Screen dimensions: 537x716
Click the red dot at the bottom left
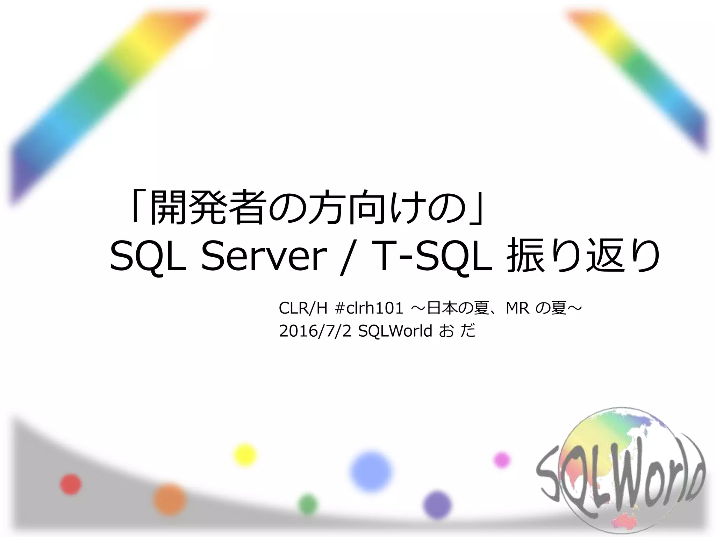(x=71, y=485)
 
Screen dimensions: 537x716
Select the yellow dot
(x=245, y=455)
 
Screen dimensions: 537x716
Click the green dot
(x=308, y=504)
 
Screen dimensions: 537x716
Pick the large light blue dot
(x=371, y=471)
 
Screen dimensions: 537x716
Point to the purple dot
(x=437, y=505)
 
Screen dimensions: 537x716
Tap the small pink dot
(x=502, y=460)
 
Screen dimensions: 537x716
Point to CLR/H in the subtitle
(x=303, y=308)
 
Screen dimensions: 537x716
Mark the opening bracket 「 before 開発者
(x=138, y=208)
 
